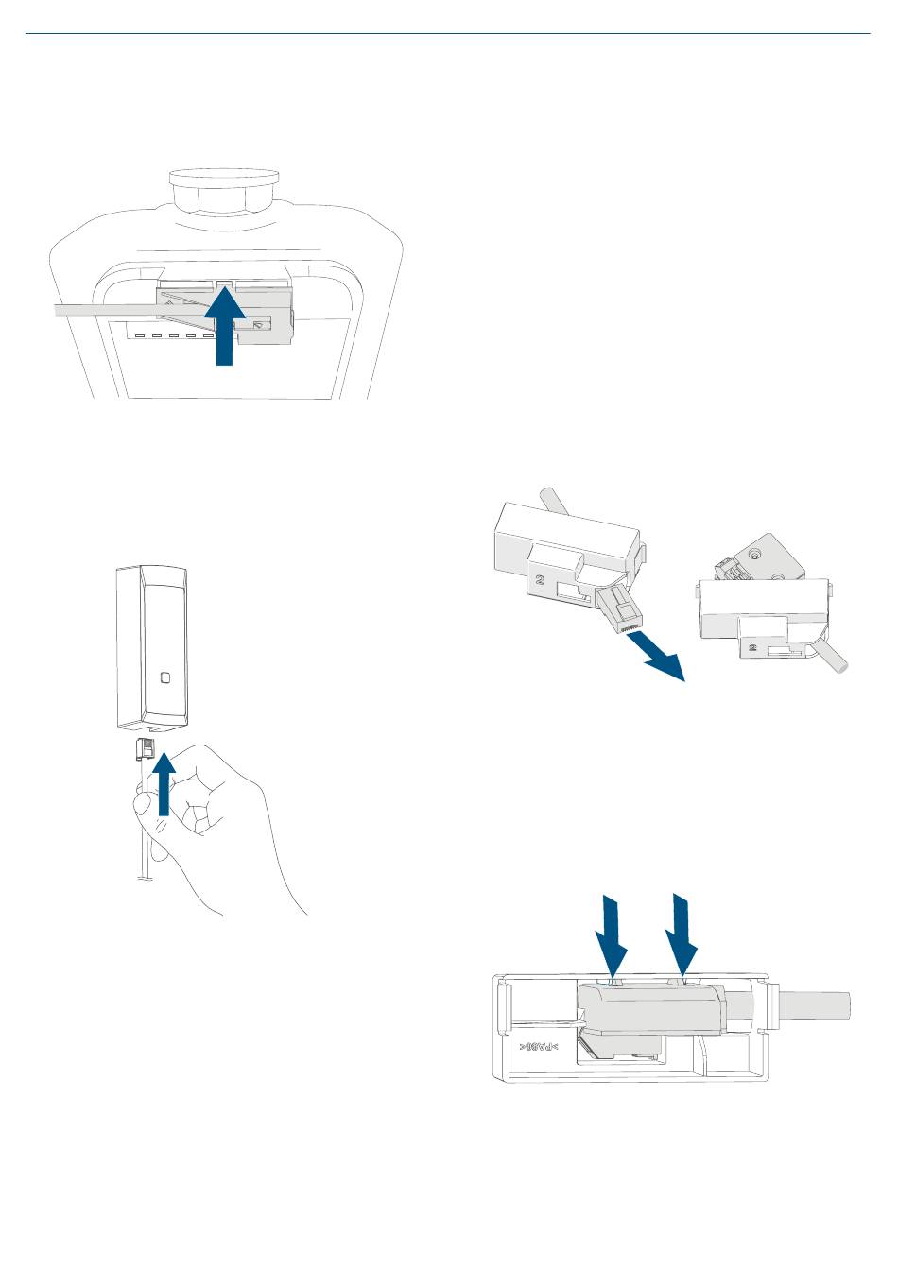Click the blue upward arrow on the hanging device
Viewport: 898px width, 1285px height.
pos(224,326)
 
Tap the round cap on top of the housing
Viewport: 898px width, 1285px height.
pos(223,177)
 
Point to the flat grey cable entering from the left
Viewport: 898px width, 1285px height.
pos(104,311)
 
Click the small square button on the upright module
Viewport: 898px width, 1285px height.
pos(165,677)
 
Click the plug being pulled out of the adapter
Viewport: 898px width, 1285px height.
pos(620,609)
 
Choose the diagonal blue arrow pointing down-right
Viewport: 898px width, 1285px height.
pos(661,659)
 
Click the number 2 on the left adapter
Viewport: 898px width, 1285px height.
pos(540,581)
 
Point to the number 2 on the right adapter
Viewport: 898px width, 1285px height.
pos(752,648)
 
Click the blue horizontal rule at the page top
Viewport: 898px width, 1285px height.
pos(448,34)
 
